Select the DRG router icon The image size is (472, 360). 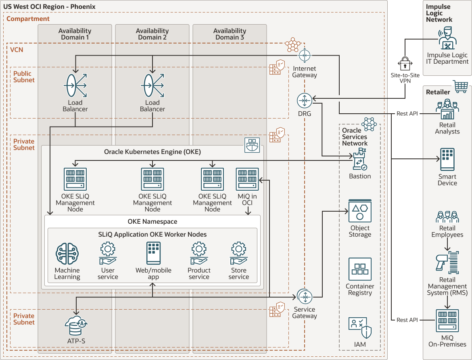coord(305,100)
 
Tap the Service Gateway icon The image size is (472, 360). coord(305,297)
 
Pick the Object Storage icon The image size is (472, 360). coord(360,210)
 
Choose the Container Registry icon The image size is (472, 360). coord(360,269)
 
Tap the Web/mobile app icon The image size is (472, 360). coord(153,253)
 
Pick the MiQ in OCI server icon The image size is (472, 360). coord(247,179)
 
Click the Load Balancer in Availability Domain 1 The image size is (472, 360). coord(75,85)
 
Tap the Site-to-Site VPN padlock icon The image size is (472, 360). coord(405,64)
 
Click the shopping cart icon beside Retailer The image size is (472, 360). coord(460,86)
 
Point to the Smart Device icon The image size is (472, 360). coord(447,159)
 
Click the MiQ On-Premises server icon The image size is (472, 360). coord(447,321)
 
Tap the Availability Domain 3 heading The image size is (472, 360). coord(230,34)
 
